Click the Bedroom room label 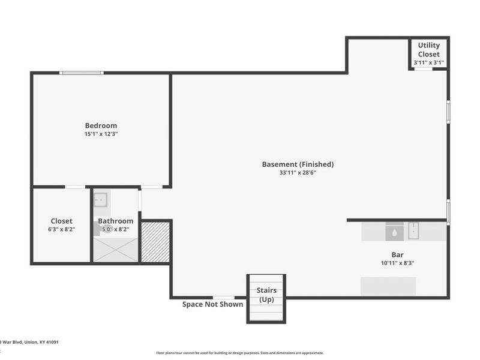pos(101,125)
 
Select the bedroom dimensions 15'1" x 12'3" pos(101,134)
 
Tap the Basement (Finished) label pos(298,164)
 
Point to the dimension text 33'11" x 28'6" pos(298,173)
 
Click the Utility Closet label pos(428,49)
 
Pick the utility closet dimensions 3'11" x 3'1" pos(428,62)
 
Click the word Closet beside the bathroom pos(61,221)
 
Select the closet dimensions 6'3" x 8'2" pos(61,229)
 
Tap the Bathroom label pos(115,221)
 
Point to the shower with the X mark pos(115,250)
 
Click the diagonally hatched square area pos(155,242)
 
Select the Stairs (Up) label pos(266,295)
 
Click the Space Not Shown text pos(212,304)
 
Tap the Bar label pos(397,254)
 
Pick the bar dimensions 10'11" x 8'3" pos(397,263)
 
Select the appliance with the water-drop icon pos(394,231)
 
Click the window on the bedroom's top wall pos(81,73)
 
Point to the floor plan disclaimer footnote pos(240,353)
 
